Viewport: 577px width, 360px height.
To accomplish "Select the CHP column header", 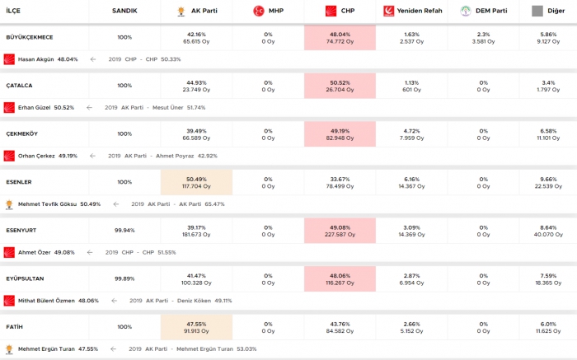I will [x=340, y=11].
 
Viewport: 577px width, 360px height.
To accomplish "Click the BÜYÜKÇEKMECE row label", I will [x=29, y=37].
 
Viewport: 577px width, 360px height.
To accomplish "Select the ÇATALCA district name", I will [x=19, y=86].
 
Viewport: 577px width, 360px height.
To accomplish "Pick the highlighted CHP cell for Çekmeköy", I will [x=340, y=133].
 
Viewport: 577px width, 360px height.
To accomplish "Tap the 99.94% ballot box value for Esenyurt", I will [x=124, y=230].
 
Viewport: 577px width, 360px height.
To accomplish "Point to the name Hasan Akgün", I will [x=35, y=59].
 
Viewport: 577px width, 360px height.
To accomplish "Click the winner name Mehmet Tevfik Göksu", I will [x=47, y=204].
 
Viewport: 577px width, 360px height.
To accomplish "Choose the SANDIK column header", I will [x=124, y=11].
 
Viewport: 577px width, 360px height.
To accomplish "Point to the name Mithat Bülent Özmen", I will [x=47, y=301].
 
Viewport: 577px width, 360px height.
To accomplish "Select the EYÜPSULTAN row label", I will [x=24, y=278].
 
